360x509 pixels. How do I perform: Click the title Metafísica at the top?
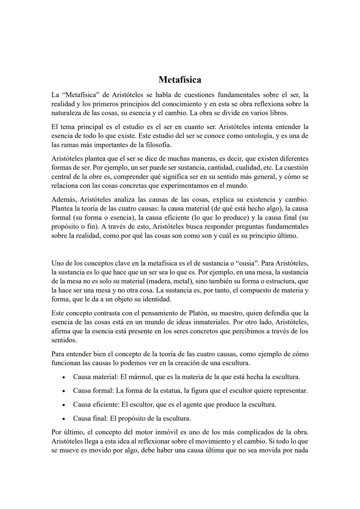180,80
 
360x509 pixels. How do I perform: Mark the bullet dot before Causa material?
63,378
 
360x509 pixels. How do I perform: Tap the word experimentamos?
193,186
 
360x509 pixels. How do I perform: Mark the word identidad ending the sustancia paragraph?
156,299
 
